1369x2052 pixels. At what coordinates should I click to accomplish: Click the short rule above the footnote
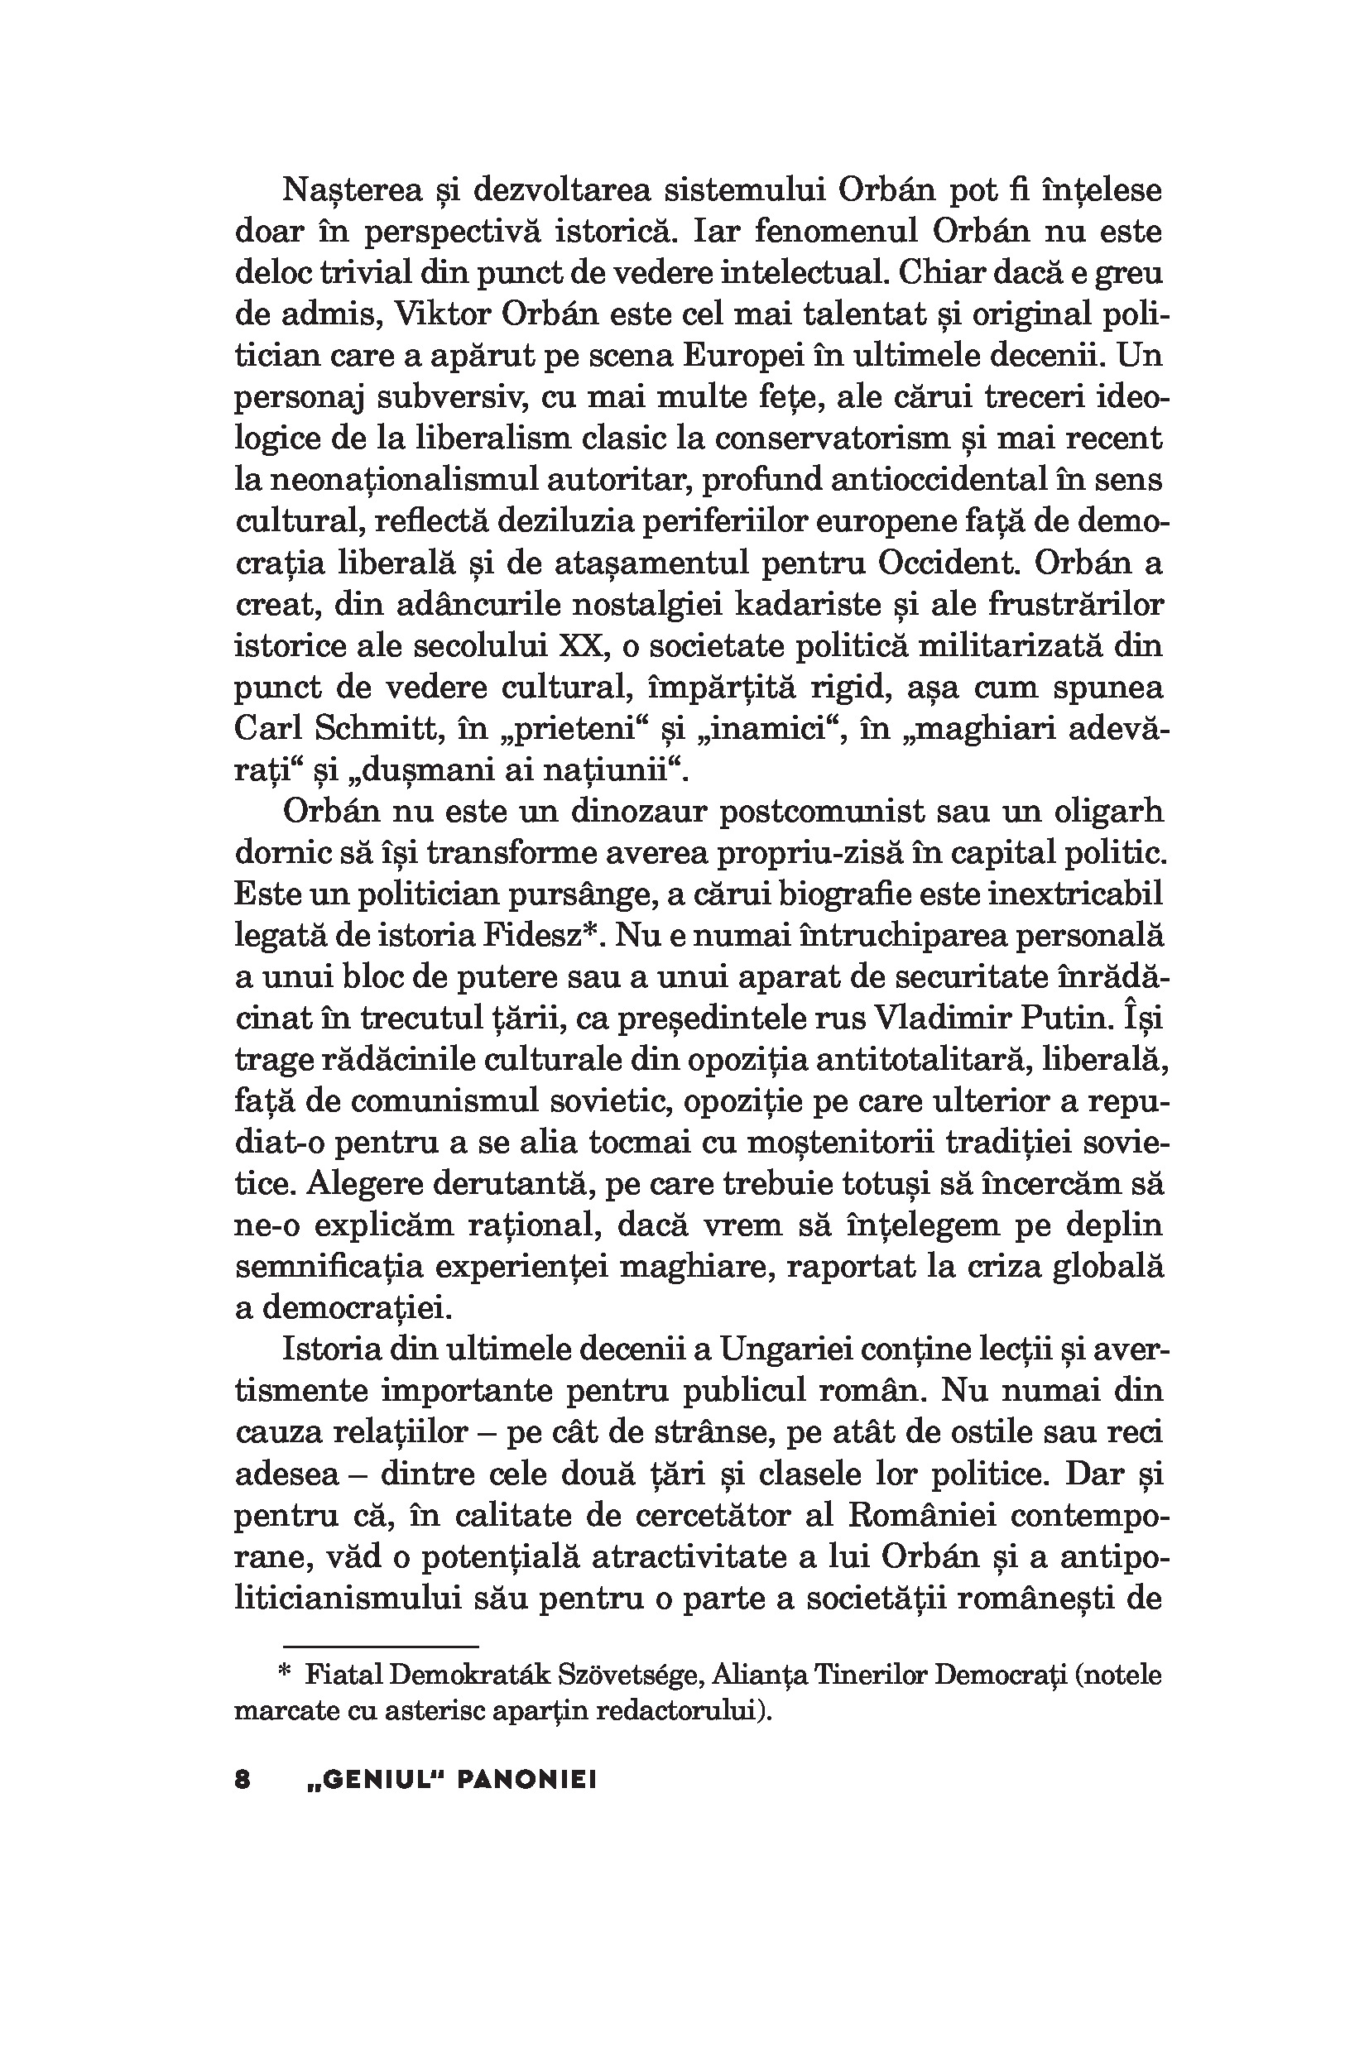point(357,1645)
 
